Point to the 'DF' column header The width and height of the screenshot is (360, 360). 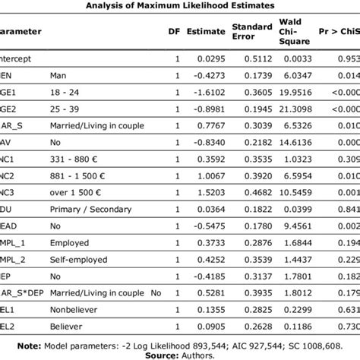pyautogui.click(x=174, y=32)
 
